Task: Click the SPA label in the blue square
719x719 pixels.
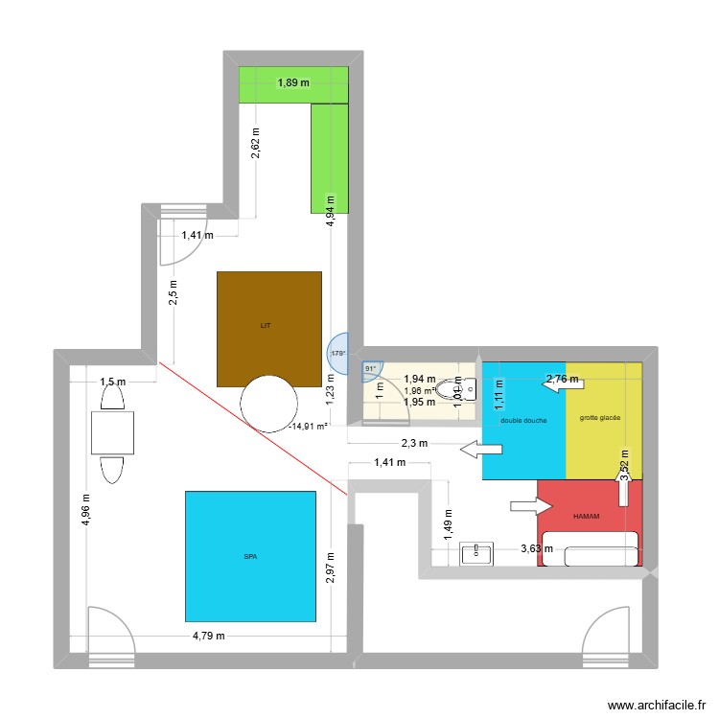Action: click(x=250, y=556)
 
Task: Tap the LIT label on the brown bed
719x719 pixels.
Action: click(x=266, y=326)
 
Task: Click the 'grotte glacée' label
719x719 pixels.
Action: click(x=599, y=418)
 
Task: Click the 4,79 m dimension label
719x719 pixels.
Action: click(x=209, y=636)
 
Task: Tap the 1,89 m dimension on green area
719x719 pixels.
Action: click(x=294, y=82)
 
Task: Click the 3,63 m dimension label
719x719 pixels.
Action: click(x=538, y=549)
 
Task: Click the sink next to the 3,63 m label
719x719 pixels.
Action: click(x=476, y=553)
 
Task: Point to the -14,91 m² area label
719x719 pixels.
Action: click(x=310, y=426)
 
